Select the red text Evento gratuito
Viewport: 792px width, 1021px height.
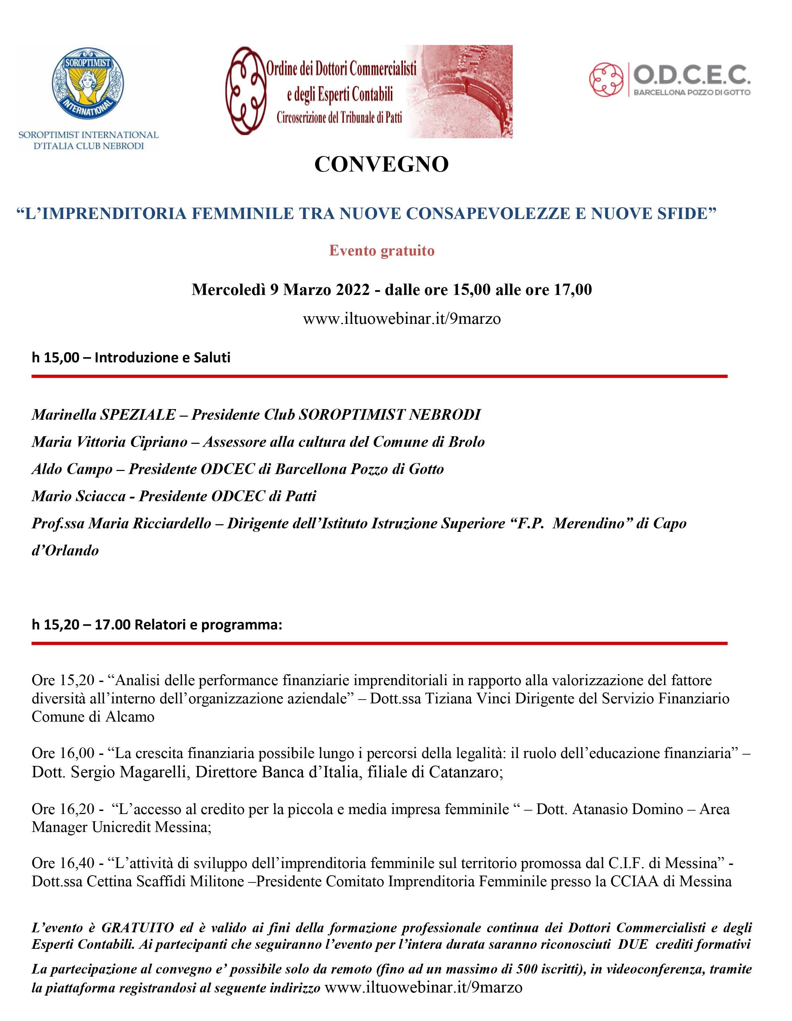point(382,251)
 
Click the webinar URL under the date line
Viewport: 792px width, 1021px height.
point(401,319)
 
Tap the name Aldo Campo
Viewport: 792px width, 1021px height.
point(72,469)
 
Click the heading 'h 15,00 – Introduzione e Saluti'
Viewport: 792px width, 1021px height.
point(131,358)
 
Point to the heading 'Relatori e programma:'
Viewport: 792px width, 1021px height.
point(209,625)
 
